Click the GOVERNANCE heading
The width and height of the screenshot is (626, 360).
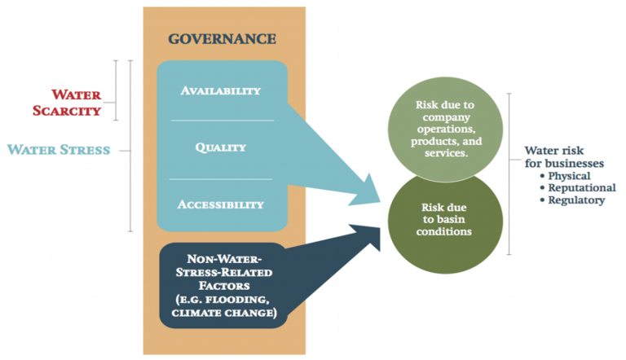(x=222, y=39)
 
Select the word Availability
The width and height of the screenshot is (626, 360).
(x=220, y=90)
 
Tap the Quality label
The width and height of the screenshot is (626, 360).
(x=220, y=147)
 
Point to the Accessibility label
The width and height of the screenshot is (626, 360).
(x=220, y=204)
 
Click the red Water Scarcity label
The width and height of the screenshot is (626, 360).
(x=67, y=103)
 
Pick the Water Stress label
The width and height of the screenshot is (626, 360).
(x=59, y=150)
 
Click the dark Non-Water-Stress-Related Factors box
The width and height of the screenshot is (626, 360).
(x=223, y=285)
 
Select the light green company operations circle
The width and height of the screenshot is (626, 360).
(x=445, y=129)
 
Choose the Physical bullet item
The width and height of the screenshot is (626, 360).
(x=565, y=176)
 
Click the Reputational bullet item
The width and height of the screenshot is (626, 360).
(x=578, y=187)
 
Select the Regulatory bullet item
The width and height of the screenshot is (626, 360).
(x=572, y=200)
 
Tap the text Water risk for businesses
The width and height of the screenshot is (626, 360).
(x=564, y=157)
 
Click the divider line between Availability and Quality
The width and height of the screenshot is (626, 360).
(x=223, y=120)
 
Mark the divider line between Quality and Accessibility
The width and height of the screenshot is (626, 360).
(x=221, y=179)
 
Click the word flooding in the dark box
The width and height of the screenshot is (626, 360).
(x=240, y=300)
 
